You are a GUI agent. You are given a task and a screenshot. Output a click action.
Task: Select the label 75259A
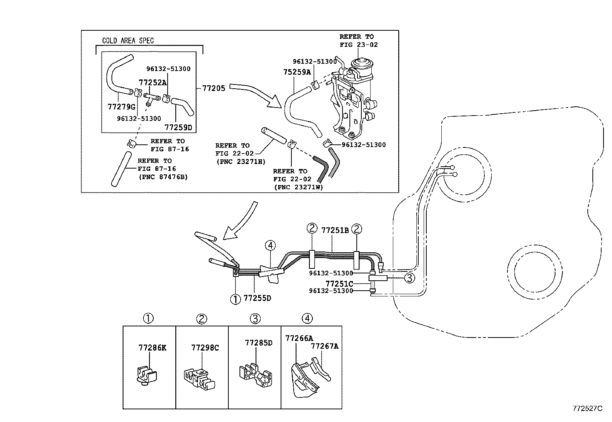[x=297, y=71]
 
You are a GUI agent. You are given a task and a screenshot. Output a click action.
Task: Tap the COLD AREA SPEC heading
[x=128, y=41]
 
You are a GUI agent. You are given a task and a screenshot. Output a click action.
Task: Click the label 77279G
[x=121, y=106]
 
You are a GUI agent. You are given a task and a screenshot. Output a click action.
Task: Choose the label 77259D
[x=178, y=127]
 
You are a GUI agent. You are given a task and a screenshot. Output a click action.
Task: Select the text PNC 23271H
[x=240, y=162]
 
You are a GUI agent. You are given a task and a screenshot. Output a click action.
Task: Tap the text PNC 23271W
[x=298, y=187]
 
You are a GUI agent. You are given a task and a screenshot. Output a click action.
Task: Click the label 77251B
[x=335, y=230]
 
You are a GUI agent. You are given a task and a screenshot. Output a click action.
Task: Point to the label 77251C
[x=339, y=284]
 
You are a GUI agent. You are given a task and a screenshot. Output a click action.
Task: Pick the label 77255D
[x=258, y=298]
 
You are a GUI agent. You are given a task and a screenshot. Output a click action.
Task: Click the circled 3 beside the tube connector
[x=410, y=278]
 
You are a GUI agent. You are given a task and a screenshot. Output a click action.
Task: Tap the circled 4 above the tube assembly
[x=270, y=245]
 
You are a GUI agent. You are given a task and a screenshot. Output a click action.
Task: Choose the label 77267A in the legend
[x=324, y=346]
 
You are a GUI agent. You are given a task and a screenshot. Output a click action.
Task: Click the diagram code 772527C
[x=587, y=409]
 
